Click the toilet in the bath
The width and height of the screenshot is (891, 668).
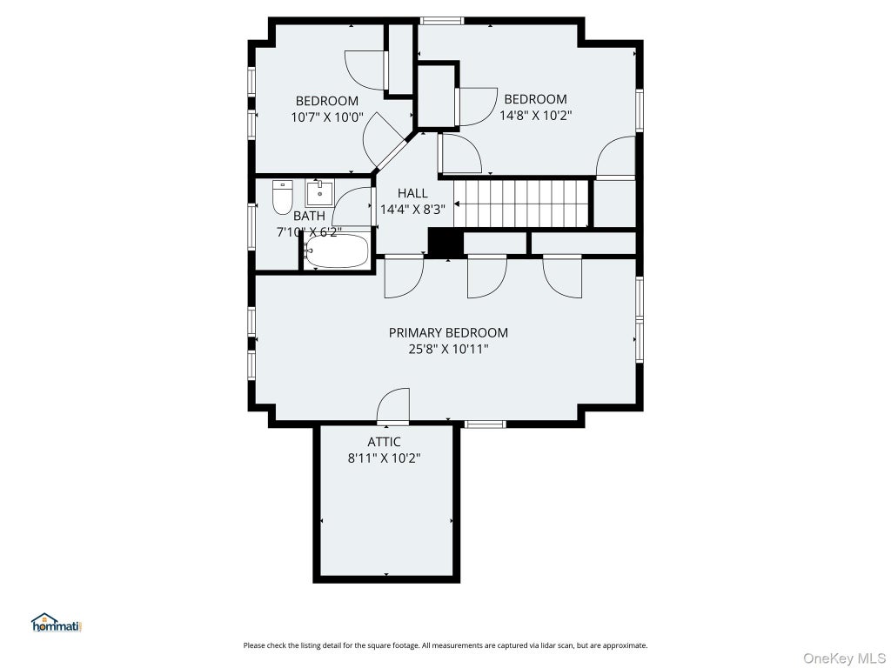pyautogui.click(x=283, y=197)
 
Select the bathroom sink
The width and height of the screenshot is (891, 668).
pyautogui.click(x=320, y=193)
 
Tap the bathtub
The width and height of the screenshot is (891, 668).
pyautogui.click(x=336, y=250)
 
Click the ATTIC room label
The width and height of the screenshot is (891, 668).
pyautogui.click(x=384, y=442)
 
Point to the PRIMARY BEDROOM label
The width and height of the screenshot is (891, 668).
pyautogui.click(x=448, y=333)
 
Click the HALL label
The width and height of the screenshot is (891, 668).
pyautogui.click(x=412, y=193)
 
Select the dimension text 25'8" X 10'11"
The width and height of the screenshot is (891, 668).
pyautogui.click(x=448, y=349)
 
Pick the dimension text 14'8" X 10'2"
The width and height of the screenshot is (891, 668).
pyautogui.click(x=535, y=116)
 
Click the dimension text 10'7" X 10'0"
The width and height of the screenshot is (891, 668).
pyautogui.click(x=327, y=117)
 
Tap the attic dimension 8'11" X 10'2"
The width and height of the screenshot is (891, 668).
pyautogui.click(x=384, y=458)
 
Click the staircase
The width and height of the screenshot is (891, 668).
pyautogui.click(x=522, y=204)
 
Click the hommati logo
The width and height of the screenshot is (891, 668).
pyautogui.click(x=57, y=623)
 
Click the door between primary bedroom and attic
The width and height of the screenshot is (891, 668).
pyautogui.click(x=393, y=406)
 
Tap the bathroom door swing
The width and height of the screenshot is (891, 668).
pyautogui.click(x=352, y=206)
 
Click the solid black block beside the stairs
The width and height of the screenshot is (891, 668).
pyautogui.click(x=445, y=242)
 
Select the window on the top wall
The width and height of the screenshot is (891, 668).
pyautogui.click(x=442, y=21)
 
